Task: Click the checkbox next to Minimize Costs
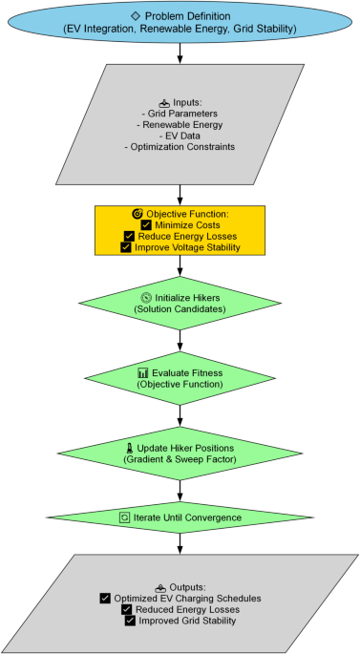coord(146,224)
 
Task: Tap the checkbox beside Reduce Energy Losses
coord(129,236)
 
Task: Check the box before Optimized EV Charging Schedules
coord(105,598)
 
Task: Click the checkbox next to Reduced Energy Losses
coord(127,609)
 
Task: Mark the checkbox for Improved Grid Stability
coord(130,621)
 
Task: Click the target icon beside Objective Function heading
coord(137,213)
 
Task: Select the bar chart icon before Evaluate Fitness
coord(143,372)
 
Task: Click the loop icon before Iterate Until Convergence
coord(124,517)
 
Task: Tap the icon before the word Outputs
coord(159,586)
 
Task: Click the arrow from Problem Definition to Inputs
coord(180,54)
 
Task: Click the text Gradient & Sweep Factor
coord(180,460)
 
